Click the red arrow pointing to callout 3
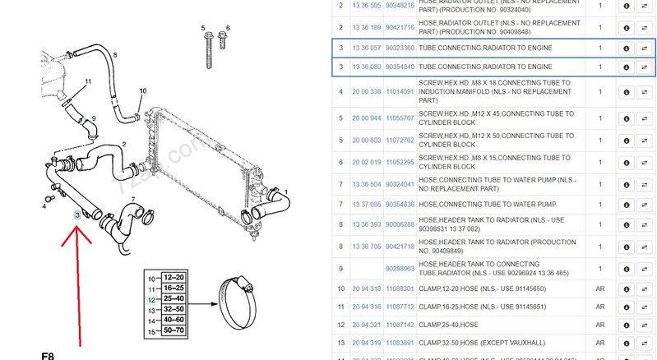click(x=79, y=279)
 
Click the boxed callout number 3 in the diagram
click(x=77, y=215)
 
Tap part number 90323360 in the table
click(x=400, y=48)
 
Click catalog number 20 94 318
click(x=366, y=288)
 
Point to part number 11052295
click(x=400, y=162)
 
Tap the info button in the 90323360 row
click(x=627, y=48)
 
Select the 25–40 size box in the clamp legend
click(x=174, y=299)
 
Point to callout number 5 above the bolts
click(x=203, y=29)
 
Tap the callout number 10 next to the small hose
click(x=142, y=90)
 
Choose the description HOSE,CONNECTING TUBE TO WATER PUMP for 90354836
click(x=484, y=204)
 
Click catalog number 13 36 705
click(x=366, y=246)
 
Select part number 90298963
click(x=400, y=268)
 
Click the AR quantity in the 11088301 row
click(x=599, y=288)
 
